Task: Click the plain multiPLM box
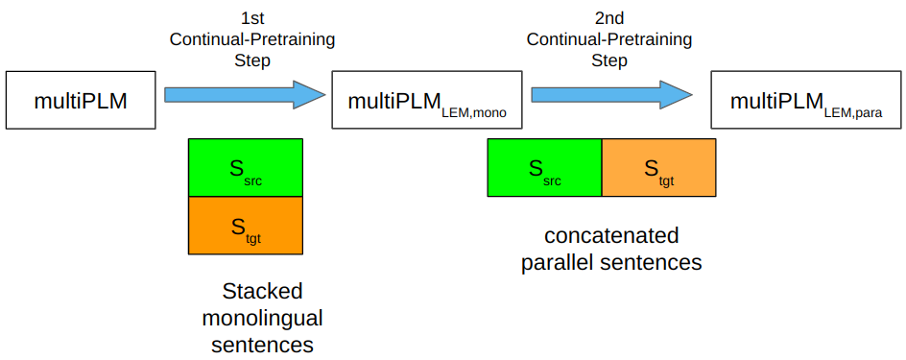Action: tap(81, 100)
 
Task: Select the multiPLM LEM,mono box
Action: tap(426, 100)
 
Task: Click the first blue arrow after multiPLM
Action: tap(240, 94)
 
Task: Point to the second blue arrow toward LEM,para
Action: tap(608, 94)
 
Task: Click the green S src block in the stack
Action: tap(246, 168)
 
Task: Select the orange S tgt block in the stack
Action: tap(246, 227)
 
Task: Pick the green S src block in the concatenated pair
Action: tap(544, 168)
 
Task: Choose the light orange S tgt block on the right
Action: tap(658, 168)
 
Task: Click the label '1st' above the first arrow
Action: tap(252, 18)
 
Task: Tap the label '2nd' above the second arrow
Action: tap(609, 18)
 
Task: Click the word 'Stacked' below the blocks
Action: tap(262, 291)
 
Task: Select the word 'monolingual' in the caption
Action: tap(262, 317)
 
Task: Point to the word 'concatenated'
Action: tap(611, 236)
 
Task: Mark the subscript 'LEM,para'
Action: tap(852, 112)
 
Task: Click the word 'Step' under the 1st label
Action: tap(252, 60)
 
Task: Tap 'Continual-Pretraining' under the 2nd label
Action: tap(609, 39)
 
